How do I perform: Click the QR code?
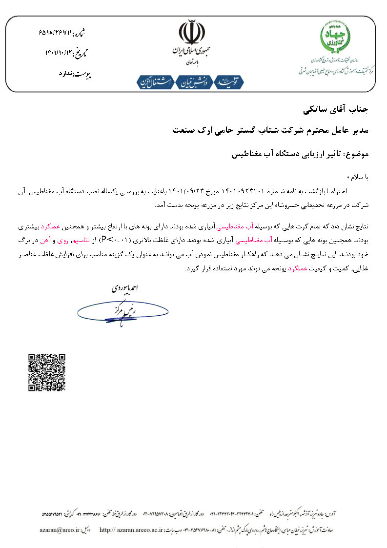click(x=47, y=372)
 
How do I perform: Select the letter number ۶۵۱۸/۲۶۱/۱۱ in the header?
click(x=55, y=33)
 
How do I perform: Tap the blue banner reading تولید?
click(x=229, y=82)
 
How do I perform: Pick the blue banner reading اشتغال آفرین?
click(x=156, y=82)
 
